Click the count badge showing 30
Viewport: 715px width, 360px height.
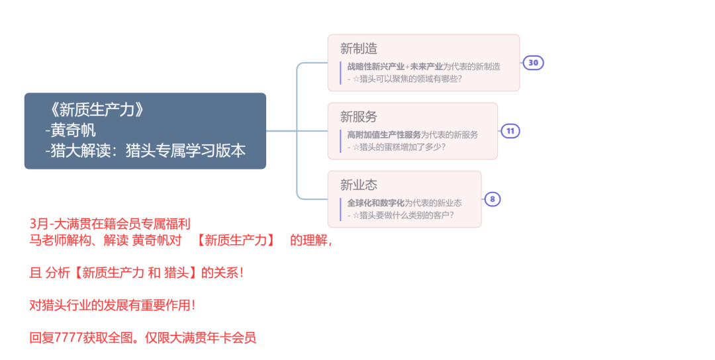point(534,63)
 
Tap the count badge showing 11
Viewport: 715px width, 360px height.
point(510,131)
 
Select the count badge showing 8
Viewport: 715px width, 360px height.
point(493,199)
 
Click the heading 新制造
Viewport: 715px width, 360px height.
point(359,48)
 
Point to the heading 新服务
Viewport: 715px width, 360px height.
point(359,116)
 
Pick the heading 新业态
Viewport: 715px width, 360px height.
point(359,185)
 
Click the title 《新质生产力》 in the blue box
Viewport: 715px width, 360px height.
point(96,110)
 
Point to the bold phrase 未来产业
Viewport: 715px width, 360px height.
point(426,66)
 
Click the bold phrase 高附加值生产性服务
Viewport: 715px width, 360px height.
point(384,134)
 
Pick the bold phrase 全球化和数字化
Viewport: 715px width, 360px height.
point(375,202)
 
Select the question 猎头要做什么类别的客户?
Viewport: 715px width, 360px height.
point(406,215)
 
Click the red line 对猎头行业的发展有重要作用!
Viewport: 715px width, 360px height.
point(113,305)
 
